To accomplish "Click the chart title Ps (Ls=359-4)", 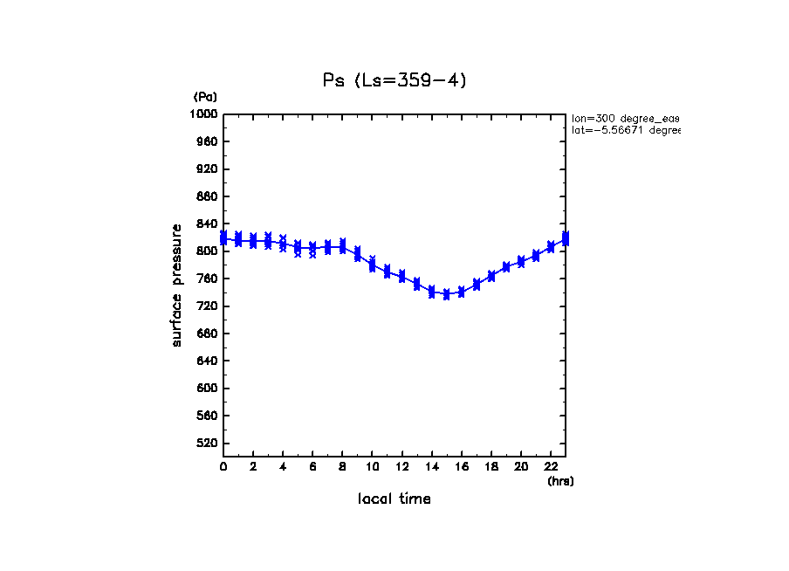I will click(394, 80).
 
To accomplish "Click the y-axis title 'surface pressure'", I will click(177, 285).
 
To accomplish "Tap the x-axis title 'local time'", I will click(394, 499).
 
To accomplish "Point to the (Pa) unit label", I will click(205, 97).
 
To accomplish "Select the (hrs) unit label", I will click(560, 481).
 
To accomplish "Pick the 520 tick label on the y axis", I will click(207, 444).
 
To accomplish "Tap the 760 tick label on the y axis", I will click(207, 279).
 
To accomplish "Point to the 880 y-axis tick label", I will click(207, 196).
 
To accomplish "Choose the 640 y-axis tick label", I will click(207, 361).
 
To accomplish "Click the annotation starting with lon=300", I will click(625, 118).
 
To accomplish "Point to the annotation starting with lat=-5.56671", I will click(625, 130).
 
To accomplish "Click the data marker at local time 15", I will click(447, 295).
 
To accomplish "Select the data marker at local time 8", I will click(342, 246).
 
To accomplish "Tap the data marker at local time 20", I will click(521, 261).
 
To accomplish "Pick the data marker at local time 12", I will click(402, 276).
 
